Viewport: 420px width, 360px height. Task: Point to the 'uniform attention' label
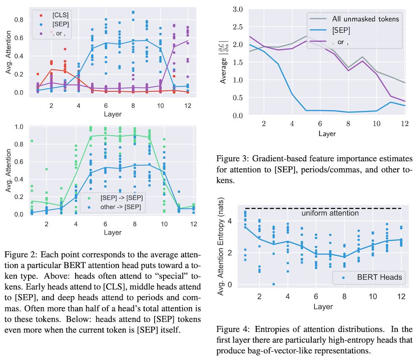(330, 213)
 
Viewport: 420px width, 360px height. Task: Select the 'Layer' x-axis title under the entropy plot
(323, 307)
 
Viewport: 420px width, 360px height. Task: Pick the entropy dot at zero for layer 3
(273, 284)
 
